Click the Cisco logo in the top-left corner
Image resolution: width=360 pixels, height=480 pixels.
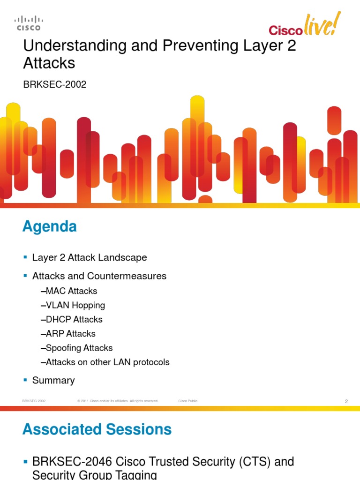tap(29, 23)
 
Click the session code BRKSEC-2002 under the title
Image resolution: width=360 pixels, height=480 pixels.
tap(55, 85)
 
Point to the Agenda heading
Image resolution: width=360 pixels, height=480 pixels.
tap(49, 227)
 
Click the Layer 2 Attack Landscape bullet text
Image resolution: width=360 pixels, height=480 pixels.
tap(90, 257)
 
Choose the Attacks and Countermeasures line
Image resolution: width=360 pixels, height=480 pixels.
tap(99, 276)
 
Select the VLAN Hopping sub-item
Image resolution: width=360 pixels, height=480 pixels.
tap(75, 305)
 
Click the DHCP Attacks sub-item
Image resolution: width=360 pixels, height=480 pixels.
tap(74, 319)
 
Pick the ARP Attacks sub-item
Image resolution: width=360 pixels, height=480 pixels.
tap(70, 334)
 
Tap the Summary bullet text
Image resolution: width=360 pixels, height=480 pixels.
tap(53, 380)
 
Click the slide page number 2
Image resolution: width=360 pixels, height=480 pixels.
tap(346, 401)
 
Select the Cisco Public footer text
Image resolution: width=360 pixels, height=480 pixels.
tap(188, 401)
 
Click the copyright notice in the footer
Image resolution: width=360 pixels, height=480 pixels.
tap(118, 401)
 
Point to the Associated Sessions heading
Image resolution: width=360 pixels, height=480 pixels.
tap(97, 429)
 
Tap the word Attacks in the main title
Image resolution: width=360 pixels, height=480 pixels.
tap(49, 63)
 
